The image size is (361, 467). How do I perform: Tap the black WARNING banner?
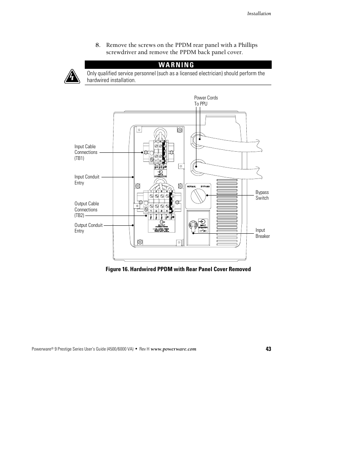tap(178, 65)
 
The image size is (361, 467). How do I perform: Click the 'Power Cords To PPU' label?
tap(206, 101)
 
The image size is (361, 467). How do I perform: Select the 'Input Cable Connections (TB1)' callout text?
tap(86, 152)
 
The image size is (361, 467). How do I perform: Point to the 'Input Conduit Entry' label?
tap(87, 180)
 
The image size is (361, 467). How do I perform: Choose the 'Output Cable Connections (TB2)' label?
tap(87, 209)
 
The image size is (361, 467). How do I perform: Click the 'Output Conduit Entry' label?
tap(89, 228)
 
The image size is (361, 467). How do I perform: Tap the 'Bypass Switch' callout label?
tap(262, 195)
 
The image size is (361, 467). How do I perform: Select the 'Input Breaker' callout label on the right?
tap(263, 233)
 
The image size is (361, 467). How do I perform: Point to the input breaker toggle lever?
tap(192, 226)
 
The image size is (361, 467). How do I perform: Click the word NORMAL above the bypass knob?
tap(191, 187)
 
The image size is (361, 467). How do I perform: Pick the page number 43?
tap(268, 349)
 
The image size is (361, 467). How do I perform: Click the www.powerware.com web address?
tap(173, 349)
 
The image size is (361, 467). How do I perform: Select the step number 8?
tap(97, 45)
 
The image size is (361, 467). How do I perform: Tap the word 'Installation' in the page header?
tap(259, 14)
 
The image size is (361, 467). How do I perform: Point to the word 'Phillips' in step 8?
tap(248, 45)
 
